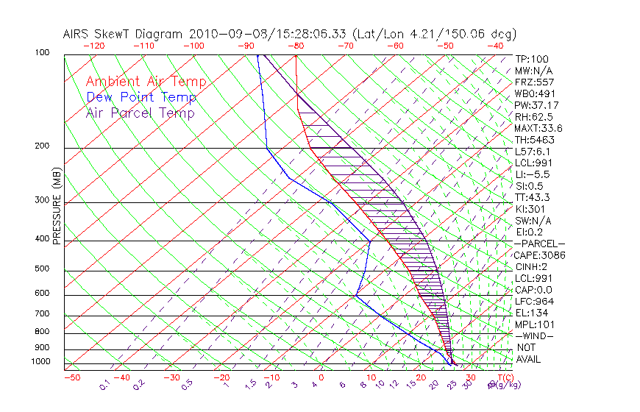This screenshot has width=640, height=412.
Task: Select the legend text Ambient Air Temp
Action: pos(146,82)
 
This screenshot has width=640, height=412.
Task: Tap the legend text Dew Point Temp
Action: pos(141,97)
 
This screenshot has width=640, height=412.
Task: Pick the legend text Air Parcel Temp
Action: pos(141,113)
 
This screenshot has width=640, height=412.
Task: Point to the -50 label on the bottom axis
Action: pos(71,377)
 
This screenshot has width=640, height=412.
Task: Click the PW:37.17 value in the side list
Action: pos(536,105)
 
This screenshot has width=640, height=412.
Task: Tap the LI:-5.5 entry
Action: pos(533,174)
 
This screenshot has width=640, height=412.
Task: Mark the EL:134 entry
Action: pos(531,313)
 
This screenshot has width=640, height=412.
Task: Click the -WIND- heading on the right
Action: pos(536,335)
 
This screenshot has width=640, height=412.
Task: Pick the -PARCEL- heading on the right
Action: pos(540,244)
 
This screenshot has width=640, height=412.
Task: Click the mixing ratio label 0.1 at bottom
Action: pos(104,384)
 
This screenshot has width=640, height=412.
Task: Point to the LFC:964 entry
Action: pos(534,301)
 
